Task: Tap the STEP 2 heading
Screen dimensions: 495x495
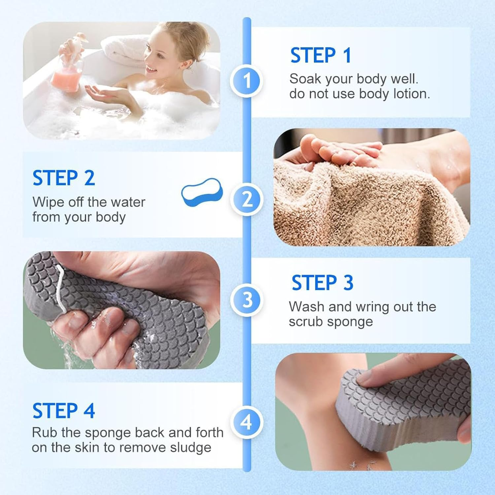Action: pos(64,178)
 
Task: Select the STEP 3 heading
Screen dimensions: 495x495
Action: pos(322,283)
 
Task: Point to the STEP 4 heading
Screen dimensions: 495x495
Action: pos(64,411)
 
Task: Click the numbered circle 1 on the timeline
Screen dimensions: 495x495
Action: pos(247,81)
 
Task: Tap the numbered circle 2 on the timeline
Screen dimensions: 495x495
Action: pos(247,200)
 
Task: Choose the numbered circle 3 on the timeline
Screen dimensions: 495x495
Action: pos(247,300)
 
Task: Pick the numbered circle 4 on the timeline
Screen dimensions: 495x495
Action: pos(247,422)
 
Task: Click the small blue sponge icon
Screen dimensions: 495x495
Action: pos(202,192)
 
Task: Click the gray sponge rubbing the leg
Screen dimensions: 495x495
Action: pos(406,403)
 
